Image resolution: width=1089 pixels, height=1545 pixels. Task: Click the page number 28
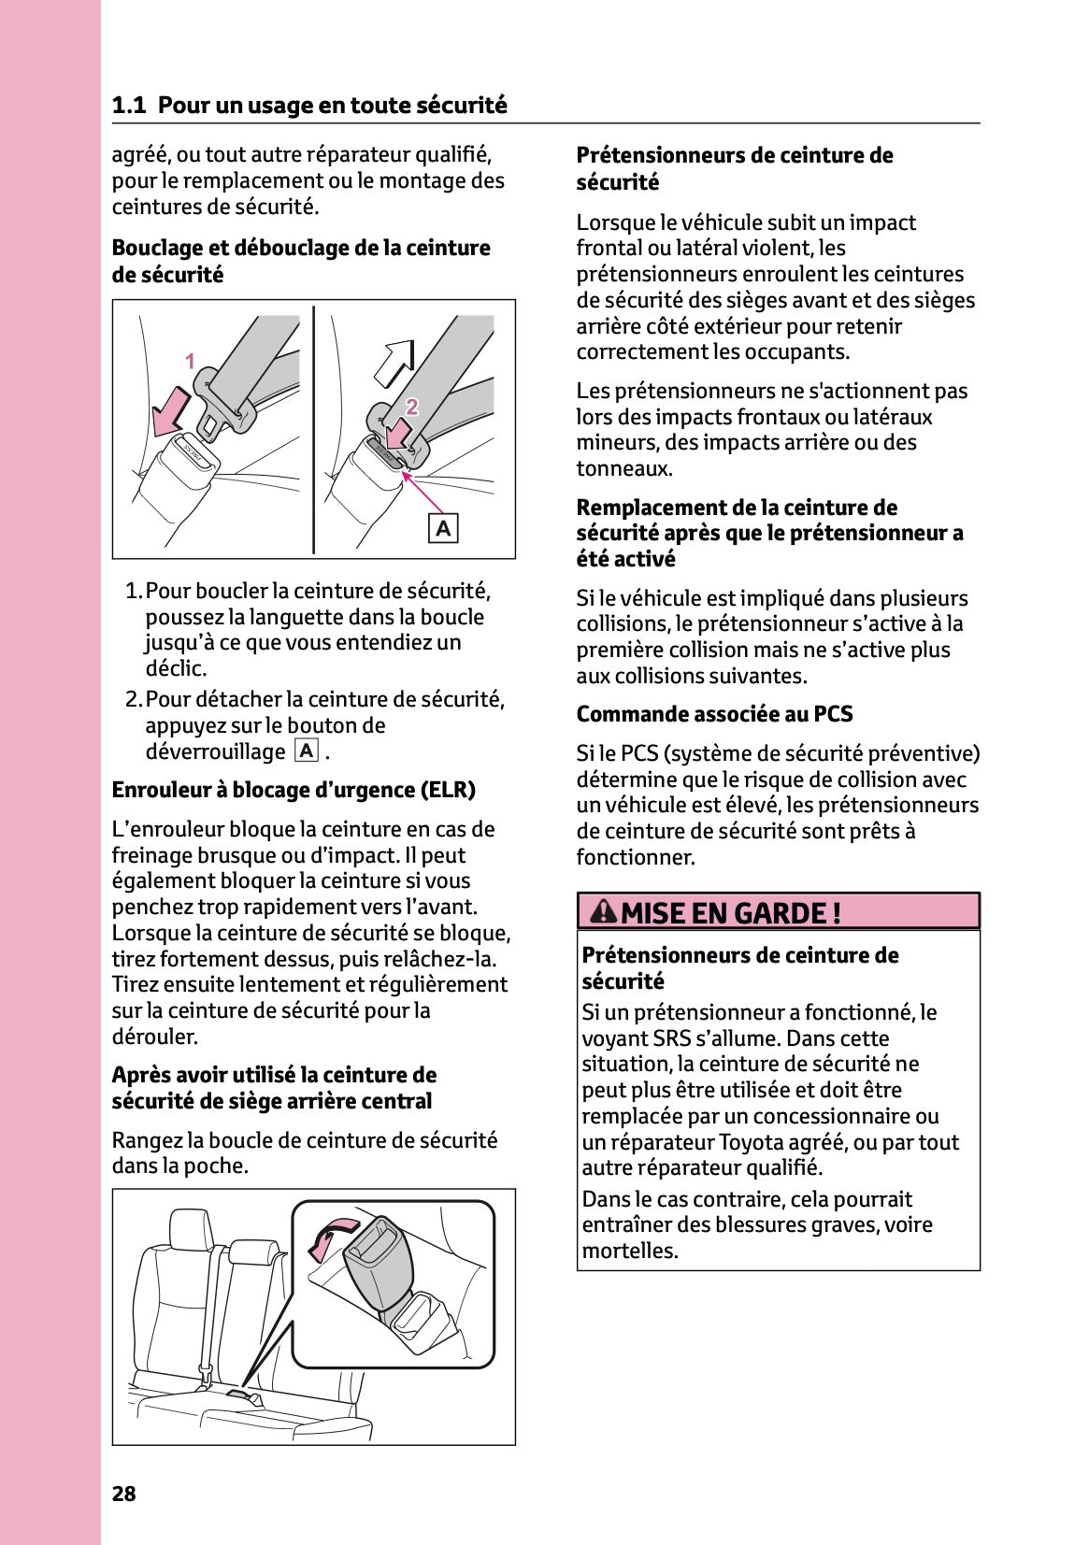point(123,1494)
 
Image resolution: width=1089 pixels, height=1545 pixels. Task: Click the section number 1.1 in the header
point(129,106)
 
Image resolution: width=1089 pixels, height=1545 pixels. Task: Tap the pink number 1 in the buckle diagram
point(190,361)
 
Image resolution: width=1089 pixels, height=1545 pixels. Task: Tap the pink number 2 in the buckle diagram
point(412,406)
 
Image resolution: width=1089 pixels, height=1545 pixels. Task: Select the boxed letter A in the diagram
point(443,529)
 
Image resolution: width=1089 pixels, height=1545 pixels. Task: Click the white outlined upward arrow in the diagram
point(393,364)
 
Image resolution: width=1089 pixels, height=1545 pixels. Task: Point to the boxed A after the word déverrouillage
point(306,751)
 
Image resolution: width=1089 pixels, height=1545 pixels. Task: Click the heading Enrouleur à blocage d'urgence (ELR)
point(294,790)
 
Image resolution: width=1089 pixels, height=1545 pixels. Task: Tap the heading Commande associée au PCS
point(714,714)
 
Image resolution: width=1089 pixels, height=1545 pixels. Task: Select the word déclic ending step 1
point(175,668)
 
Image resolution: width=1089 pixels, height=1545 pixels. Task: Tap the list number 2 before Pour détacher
point(133,699)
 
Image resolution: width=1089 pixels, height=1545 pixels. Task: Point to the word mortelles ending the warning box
point(628,1251)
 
